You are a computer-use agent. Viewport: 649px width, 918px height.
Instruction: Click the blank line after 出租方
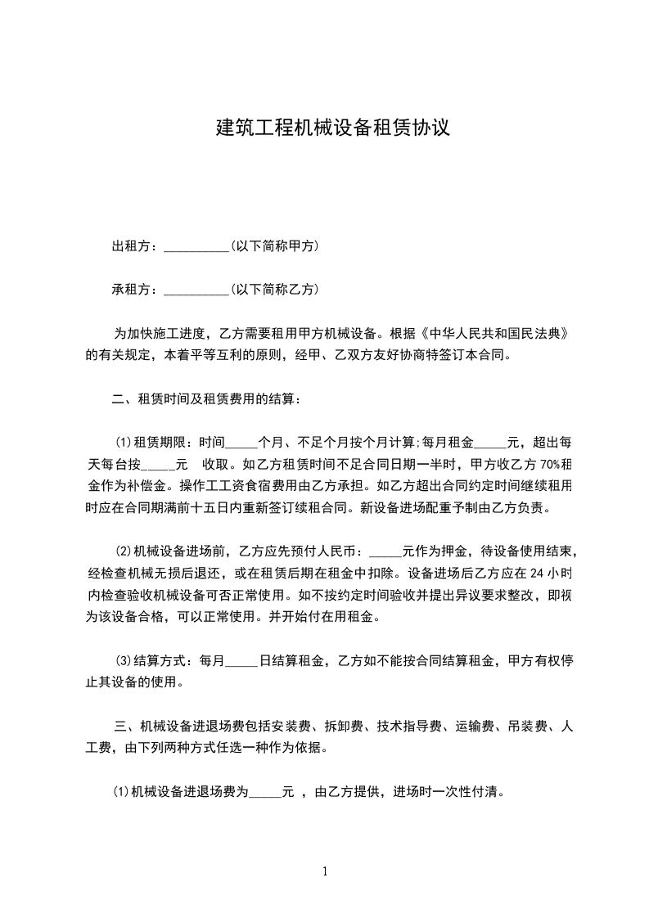pos(197,247)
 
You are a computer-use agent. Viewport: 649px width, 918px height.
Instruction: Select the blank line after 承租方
pos(197,290)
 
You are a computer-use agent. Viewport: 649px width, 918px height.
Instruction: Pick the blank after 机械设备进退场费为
pos(264,792)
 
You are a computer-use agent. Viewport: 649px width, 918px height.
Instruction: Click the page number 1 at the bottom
pos(325,871)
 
